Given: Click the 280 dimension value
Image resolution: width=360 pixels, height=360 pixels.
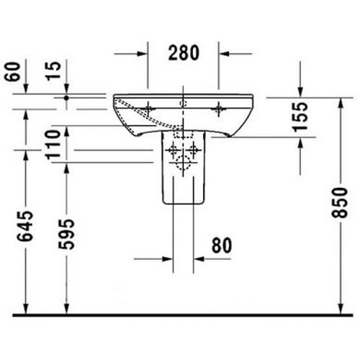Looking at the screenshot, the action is coord(184,53).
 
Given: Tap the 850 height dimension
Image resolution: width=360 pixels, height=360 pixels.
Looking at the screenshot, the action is coord(339,203).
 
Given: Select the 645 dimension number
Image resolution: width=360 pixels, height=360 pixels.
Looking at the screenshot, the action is coord(25,226).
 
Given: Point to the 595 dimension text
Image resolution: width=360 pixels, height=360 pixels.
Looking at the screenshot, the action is coord(66,234).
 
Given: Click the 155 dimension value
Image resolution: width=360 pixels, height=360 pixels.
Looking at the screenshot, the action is coord(300,117).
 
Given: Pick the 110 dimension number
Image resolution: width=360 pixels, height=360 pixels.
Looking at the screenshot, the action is coord(53,145).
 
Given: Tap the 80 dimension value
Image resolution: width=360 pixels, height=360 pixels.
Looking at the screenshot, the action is coord(222,246).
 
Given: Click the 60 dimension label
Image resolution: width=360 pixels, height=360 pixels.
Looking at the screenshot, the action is coord(12,72).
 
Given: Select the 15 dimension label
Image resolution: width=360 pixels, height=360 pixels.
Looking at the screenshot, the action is coord(53,71).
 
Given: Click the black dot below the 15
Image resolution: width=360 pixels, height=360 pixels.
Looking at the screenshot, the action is coord(66,98).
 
